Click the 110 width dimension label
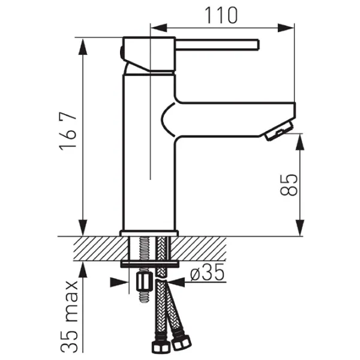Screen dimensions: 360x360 [221, 16]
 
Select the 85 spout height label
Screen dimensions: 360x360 [289, 185]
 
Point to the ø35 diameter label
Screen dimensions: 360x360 [207, 272]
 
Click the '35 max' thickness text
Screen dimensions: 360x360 [70, 316]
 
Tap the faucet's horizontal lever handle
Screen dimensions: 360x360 [217, 44]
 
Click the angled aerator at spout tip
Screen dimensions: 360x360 [279, 131]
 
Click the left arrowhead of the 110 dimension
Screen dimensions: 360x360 [158, 28]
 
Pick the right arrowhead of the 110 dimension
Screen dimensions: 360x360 [286, 28]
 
